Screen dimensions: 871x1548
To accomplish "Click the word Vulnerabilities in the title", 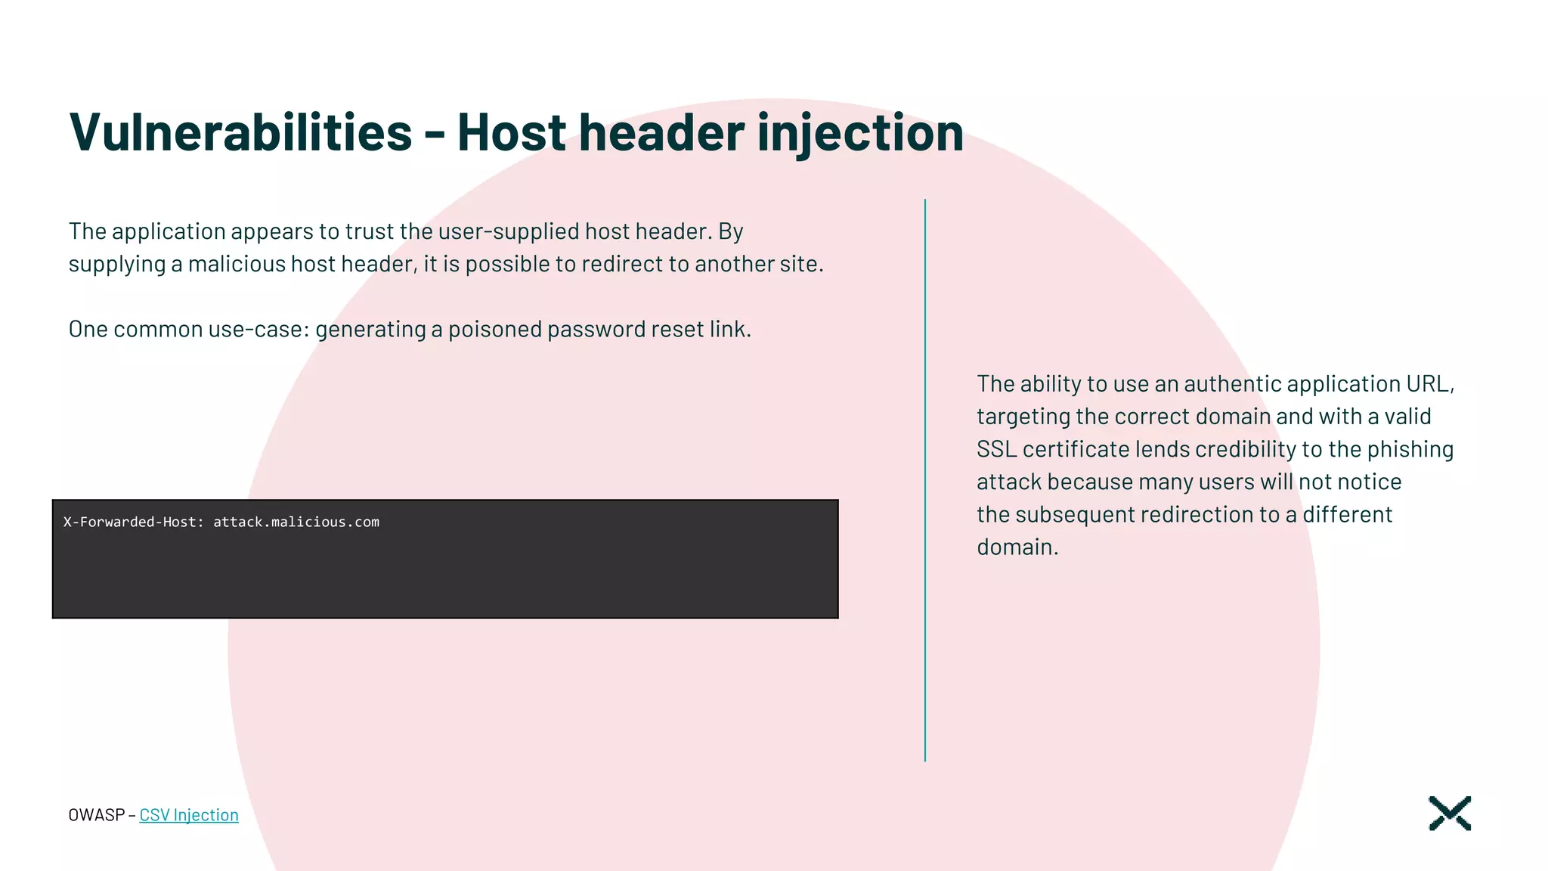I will [x=240, y=133].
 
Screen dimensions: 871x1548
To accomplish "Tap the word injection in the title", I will [x=860, y=133].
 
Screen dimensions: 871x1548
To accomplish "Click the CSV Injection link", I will [x=189, y=815].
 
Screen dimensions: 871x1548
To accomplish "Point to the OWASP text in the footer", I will [x=97, y=815].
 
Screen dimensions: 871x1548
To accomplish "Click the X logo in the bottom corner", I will [x=1449, y=814].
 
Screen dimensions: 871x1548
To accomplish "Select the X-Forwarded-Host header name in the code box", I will [x=134, y=522].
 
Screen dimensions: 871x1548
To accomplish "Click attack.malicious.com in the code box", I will [x=296, y=522].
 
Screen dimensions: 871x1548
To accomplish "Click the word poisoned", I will [x=494, y=330].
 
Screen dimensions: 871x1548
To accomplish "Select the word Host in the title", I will [x=512, y=133].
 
